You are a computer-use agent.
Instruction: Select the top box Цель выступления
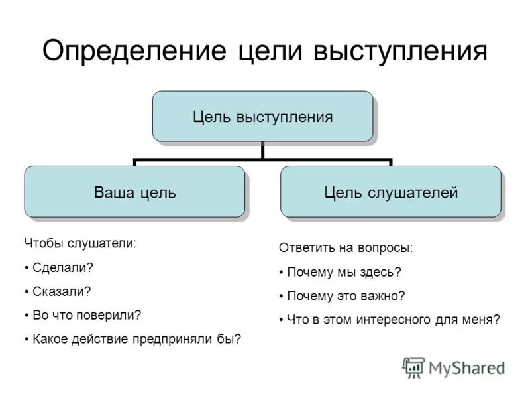[262, 117]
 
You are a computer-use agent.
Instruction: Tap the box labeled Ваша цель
[134, 192]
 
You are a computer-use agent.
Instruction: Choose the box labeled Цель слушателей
[390, 192]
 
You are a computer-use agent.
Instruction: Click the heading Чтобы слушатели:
[79, 243]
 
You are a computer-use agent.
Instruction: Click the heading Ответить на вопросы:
[345, 248]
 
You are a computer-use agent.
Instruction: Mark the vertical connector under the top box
[263, 151]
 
